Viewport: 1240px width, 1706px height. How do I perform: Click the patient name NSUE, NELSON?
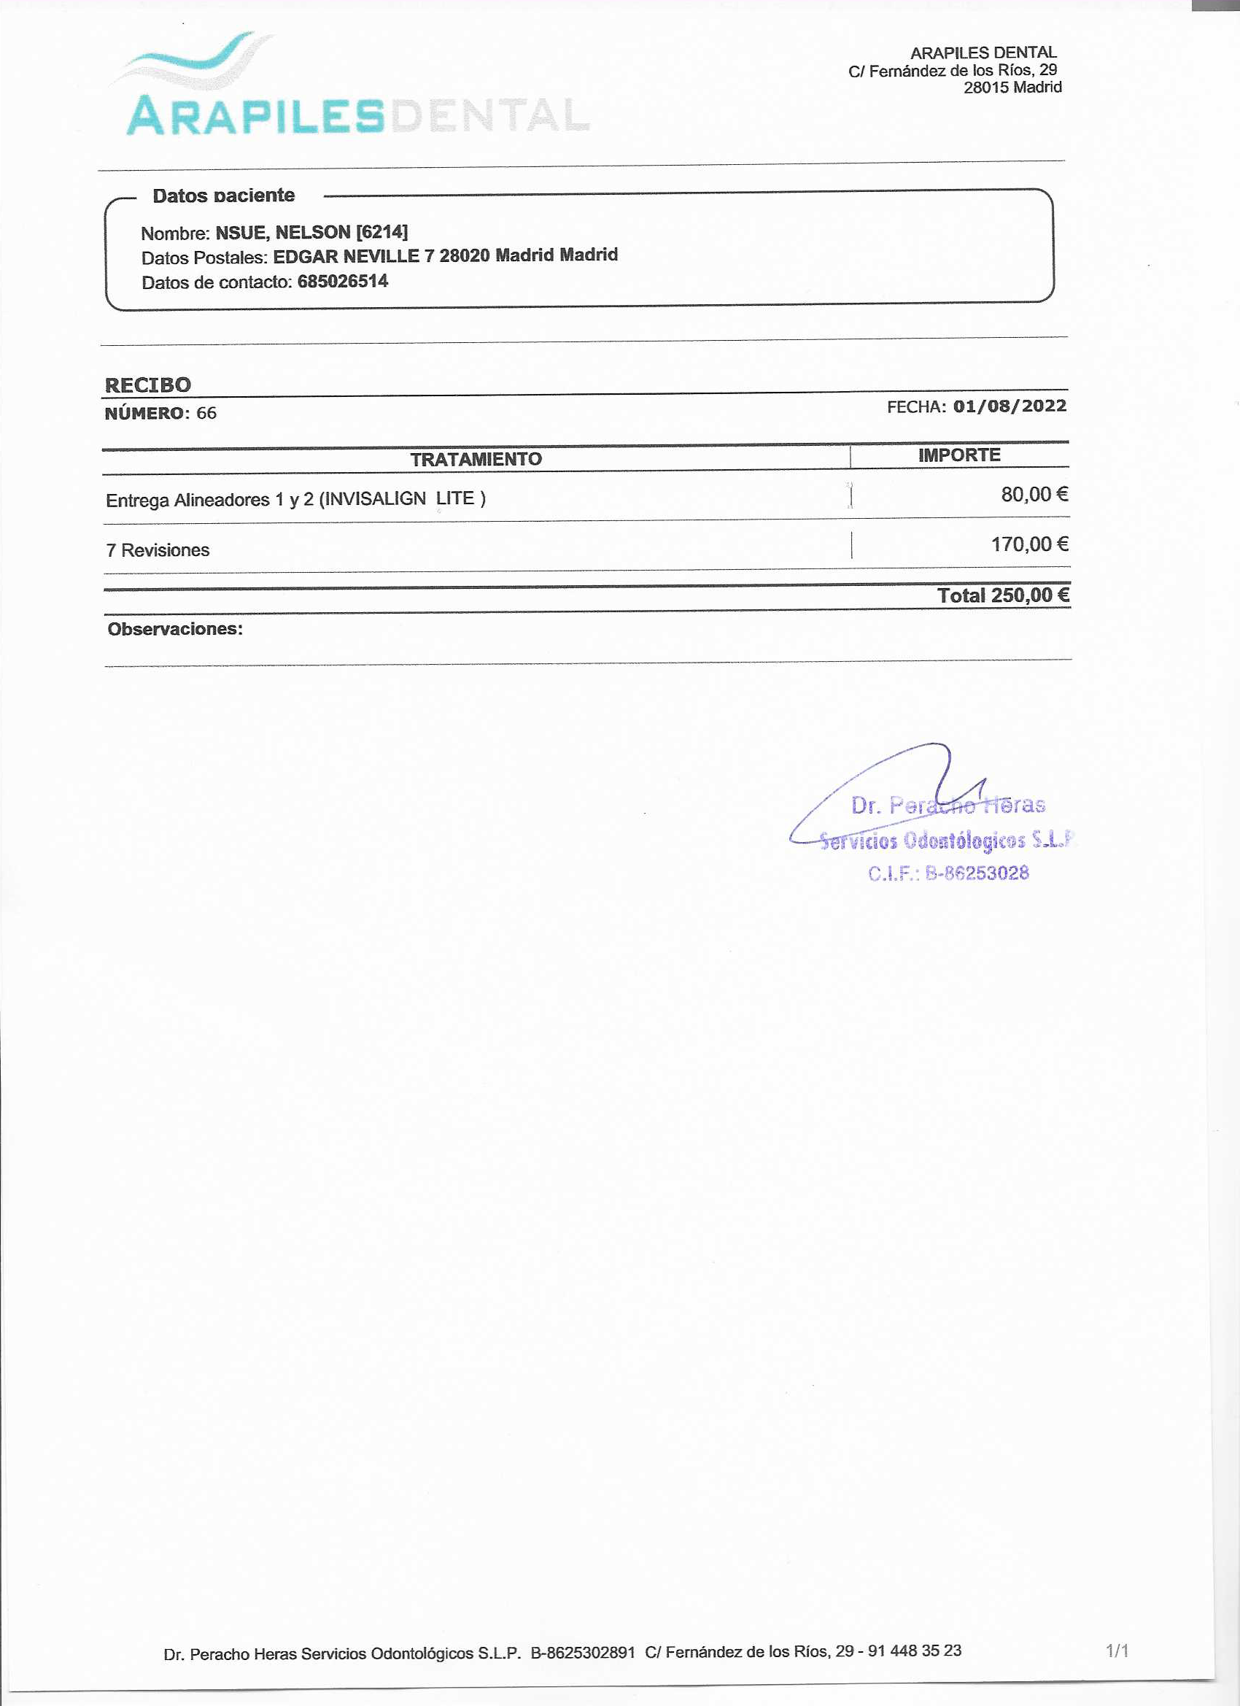coord(283,233)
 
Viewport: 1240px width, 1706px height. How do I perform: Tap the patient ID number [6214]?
coord(382,232)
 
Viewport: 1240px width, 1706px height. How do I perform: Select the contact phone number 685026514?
coord(343,282)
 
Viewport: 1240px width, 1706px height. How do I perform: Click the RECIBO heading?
coord(147,385)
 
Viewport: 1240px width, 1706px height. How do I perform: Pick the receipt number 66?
coord(206,413)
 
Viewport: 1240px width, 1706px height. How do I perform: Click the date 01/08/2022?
coord(1010,406)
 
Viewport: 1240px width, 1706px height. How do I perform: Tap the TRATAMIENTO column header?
coord(476,459)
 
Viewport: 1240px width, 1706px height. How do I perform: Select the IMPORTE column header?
coord(958,455)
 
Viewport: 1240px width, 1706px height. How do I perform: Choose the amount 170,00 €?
coord(1028,544)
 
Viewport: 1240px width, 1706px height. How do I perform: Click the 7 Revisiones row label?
coord(158,550)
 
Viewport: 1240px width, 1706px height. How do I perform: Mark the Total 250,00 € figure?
coord(1002,595)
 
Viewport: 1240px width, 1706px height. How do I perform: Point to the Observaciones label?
coord(175,629)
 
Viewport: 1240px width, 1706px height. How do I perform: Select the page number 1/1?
coord(1117,1651)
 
